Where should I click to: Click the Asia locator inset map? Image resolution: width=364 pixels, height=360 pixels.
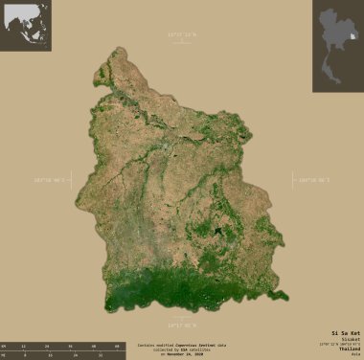(25, 25)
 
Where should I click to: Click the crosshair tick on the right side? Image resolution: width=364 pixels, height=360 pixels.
(295, 180)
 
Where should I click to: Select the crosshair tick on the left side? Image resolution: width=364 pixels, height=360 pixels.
(68, 180)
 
